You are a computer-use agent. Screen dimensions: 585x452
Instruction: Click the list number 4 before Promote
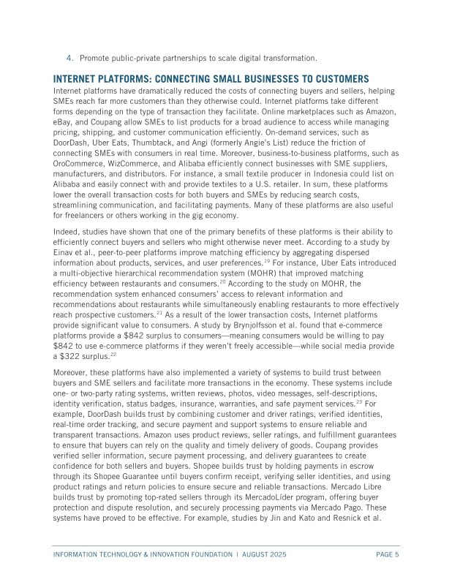(69, 57)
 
